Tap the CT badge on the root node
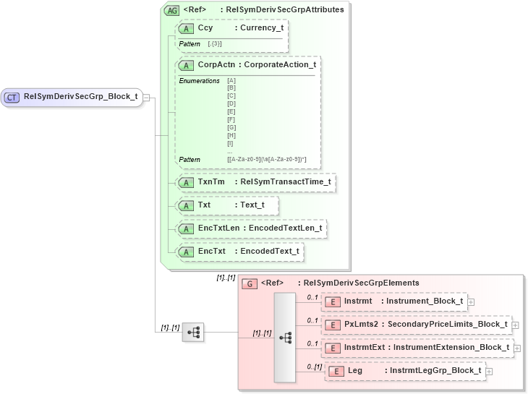(12, 97)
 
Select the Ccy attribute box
(231, 28)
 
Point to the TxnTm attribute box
(255, 181)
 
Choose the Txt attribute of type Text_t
(227, 205)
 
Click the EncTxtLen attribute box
(251, 228)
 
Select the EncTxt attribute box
(239, 251)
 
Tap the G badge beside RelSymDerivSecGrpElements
(249, 283)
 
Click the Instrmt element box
(394, 301)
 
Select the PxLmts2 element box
(417, 325)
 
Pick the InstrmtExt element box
(418, 348)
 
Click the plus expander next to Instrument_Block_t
(471, 301)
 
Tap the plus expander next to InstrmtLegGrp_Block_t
(489, 372)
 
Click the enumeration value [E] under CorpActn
(231, 111)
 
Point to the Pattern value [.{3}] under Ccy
(215, 44)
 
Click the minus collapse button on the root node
(146, 97)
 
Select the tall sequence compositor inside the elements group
(285, 337)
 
